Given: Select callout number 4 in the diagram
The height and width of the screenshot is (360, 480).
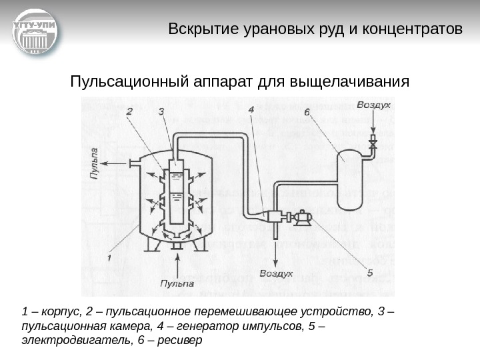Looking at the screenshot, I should click(250, 110).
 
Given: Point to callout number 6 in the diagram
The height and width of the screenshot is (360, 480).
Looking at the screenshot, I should click(307, 113).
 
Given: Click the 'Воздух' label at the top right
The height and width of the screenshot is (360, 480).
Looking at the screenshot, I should click(373, 106).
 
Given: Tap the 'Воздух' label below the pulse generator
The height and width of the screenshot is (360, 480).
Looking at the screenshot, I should click(276, 273).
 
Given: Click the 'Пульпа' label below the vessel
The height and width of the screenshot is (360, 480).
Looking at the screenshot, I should click(177, 283).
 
